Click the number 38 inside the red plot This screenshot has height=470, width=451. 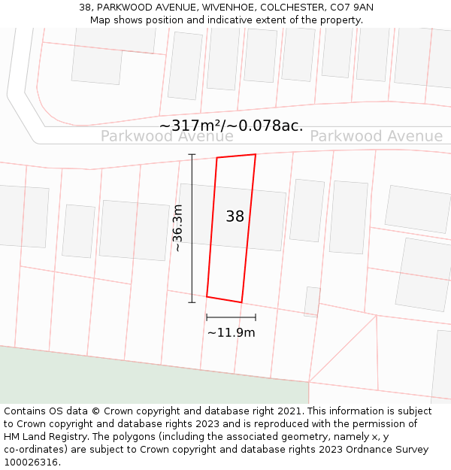pos(235,217)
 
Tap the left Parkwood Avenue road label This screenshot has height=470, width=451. pos(167,136)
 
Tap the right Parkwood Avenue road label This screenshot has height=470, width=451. pos(376,136)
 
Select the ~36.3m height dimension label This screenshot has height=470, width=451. pos(177,227)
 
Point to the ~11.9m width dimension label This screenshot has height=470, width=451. pos(231,332)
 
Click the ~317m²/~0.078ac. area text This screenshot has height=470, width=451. pos(231,126)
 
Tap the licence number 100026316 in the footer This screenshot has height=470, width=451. pos(31,462)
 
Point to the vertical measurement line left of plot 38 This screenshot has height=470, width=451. pos(192,228)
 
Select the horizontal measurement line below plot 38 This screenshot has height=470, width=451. pos(231,317)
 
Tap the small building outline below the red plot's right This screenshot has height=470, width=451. pos(312,301)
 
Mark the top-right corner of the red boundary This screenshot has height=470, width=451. pos(256,154)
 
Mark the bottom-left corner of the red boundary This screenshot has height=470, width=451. pos(207,296)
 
